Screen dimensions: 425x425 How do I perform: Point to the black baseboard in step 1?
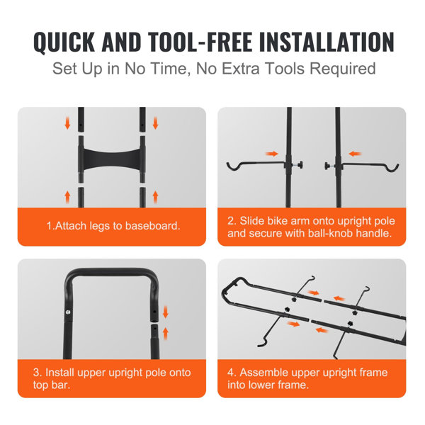pyautogui.click(x=112, y=155)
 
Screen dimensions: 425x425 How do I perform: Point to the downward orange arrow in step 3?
pyautogui.click(x=166, y=311)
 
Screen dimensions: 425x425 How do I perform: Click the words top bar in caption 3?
pyautogui.click(x=66, y=386)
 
